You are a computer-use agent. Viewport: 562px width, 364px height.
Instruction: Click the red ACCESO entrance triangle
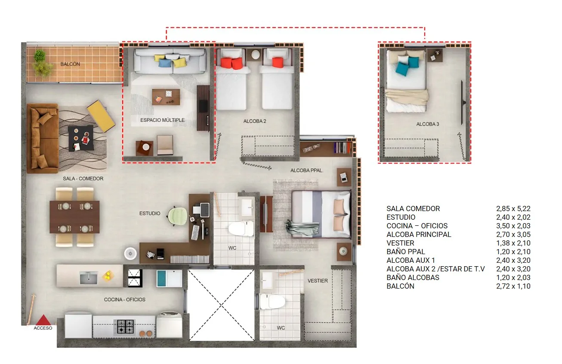click(43, 320)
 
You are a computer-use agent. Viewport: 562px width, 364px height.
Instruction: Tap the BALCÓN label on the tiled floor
click(70, 64)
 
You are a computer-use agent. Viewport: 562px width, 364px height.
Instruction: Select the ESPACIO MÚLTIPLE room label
click(162, 120)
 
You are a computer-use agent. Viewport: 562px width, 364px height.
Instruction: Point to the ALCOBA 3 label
click(427, 124)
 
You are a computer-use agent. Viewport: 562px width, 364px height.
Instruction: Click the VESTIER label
click(318, 281)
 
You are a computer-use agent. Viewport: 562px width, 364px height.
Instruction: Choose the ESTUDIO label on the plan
click(150, 213)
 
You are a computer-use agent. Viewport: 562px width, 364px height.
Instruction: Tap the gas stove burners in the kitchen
click(125, 326)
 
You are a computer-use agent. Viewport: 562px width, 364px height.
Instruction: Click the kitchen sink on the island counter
click(88, 278)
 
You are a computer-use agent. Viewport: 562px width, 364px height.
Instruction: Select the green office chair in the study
click(177, 216)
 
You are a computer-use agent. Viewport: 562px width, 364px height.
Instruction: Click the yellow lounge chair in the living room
click(101, 116)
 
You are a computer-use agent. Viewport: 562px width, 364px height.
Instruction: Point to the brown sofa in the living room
click(43, 138)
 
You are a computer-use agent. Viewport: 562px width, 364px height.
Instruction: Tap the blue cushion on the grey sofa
click(164, 63)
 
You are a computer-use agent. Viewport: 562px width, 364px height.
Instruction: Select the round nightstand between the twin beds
click(256, 55)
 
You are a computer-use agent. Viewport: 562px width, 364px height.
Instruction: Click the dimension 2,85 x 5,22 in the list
click(513, 208)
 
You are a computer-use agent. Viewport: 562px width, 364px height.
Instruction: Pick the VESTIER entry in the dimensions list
click(401, 243)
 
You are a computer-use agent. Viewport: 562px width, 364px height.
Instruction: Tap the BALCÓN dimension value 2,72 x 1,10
click(513, 286)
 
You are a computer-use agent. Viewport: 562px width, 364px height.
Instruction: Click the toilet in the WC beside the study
click(241, 229)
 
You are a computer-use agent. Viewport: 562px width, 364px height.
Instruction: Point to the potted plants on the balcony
click(42, 63)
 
